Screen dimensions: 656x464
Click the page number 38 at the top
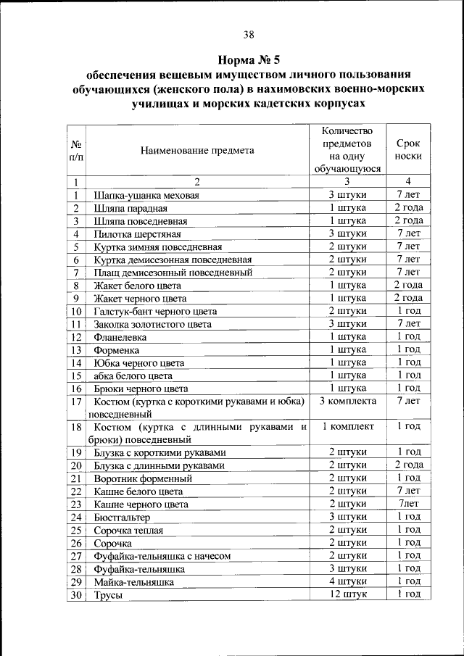249,34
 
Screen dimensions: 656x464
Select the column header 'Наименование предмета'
198,151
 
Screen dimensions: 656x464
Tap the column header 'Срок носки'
408,149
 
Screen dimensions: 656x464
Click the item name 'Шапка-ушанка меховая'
146,196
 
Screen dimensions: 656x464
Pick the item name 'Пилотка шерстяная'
136,234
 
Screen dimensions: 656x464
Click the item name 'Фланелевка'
120,337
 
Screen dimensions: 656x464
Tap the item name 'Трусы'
106,595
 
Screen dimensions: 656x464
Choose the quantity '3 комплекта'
347,401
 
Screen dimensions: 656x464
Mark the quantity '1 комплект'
347,426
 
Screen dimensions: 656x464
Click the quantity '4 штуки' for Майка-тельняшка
347,581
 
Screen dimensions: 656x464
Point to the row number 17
75,402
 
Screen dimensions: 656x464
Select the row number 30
75,595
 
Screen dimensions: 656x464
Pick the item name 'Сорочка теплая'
129,531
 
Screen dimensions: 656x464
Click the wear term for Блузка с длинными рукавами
408,465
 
